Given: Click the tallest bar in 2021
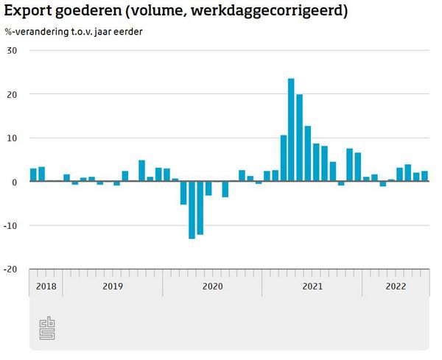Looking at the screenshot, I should point(291,130).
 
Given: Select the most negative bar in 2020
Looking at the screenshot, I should point(192,210).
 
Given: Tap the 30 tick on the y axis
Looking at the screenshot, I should point(11,50).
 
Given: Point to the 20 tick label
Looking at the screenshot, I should point(11,94).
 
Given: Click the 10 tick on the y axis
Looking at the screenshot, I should point(11,138).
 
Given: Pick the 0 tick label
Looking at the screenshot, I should point(14,182).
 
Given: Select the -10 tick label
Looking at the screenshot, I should point(10,225).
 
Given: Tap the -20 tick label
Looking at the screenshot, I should point(10,269).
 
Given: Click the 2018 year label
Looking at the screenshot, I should point(46,286).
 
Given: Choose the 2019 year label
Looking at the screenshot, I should point(112,286).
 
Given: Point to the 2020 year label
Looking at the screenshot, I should point(212,286).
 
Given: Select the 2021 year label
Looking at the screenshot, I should point(312,286).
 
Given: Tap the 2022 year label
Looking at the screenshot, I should point(396,286).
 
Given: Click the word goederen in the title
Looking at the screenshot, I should point(91,13).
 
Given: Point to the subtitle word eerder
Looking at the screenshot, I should point(128,32).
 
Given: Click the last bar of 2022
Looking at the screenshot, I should point(424,176).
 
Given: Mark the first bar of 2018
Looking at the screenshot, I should point(33,175).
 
